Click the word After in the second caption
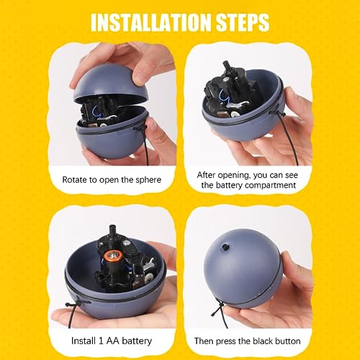[x=210, y=174]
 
